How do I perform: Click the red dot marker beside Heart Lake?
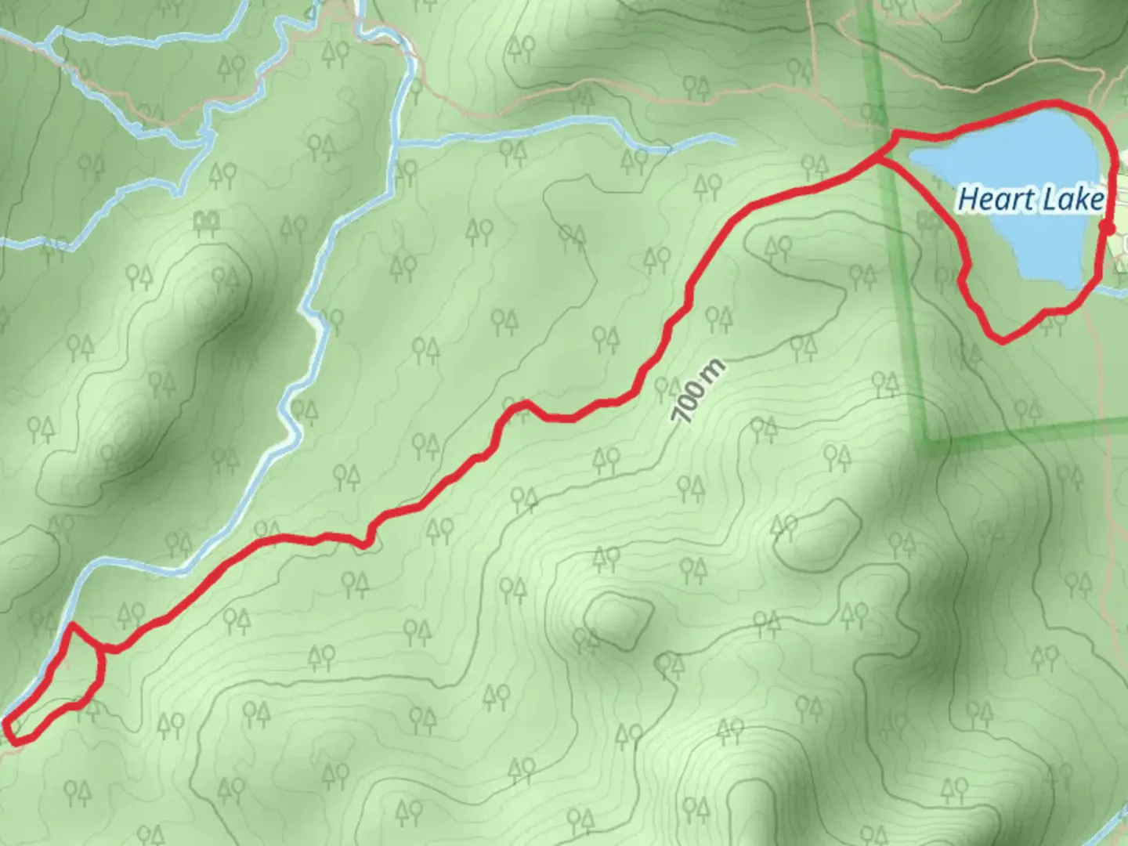tap(1107, 228)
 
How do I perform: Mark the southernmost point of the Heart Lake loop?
tap(1002, 340)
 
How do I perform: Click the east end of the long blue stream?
tap(734, 142)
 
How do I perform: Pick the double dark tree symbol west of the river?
tap(206, 222)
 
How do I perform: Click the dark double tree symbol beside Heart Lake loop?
tap(931, 222)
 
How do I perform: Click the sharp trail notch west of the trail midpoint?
tap(365, 544)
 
